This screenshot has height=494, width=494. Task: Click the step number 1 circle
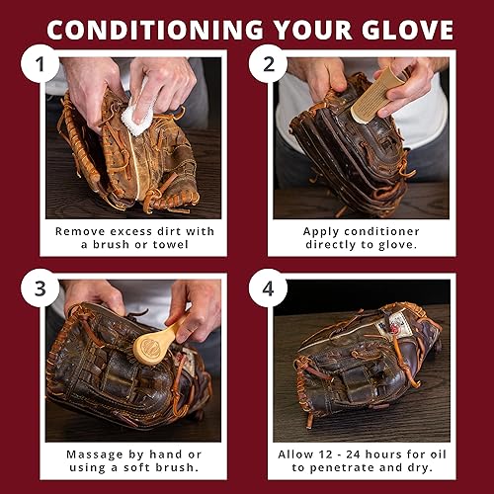[x=41, y=66]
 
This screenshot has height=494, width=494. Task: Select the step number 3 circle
[x=41, y=289]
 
